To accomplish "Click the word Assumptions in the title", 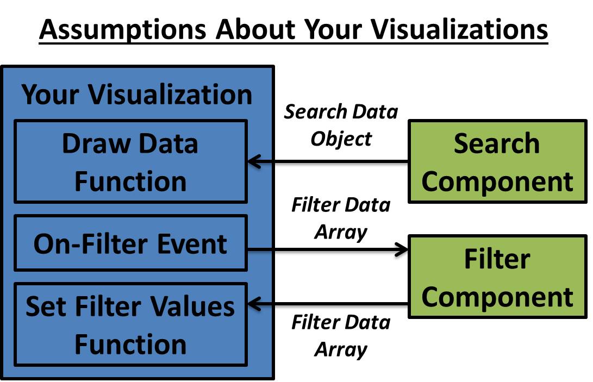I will pos(122,30).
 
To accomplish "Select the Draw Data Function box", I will pos(130,162).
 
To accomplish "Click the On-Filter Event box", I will pos(130,243).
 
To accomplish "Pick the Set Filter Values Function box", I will pos(130,324).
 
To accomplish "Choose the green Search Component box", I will pos(497,162).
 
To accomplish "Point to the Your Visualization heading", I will pos(137,95).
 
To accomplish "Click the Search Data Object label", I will pos(341,125).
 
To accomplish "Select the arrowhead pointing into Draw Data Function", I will pos(253,161).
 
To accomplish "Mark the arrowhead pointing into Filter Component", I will pos(402,249).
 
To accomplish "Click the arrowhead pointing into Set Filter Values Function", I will pos(253,305).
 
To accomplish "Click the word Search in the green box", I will pos(497,143).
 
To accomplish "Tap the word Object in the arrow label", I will pos(341,139).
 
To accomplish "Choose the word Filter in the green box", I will pos(497,259).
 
